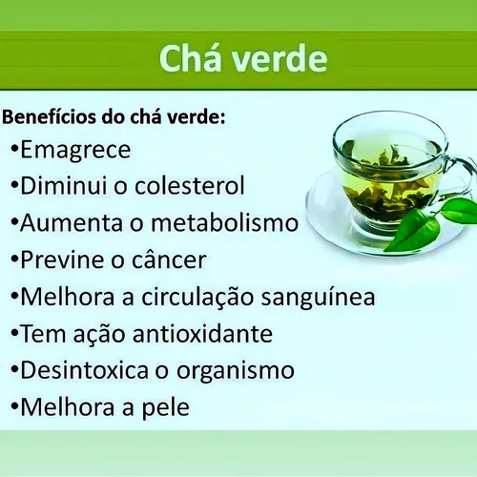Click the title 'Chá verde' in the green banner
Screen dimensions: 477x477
[242, 59]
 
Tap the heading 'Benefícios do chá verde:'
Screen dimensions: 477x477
[115, 118]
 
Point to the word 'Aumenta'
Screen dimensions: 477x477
[66, 222]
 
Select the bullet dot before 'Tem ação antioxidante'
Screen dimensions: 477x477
[13, 334]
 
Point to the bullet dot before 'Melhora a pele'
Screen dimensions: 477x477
[13, 408]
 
